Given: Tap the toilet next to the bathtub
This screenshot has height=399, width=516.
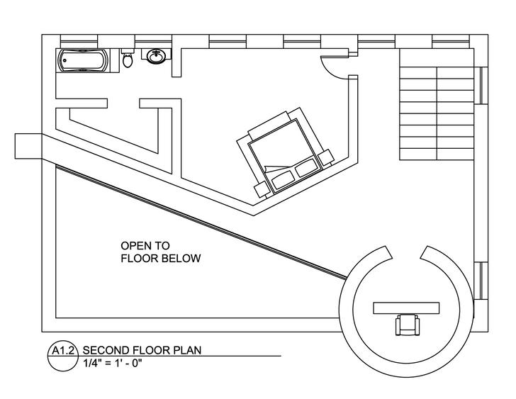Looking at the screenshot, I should (128, 60).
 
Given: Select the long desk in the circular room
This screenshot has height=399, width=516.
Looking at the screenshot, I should (406, 306).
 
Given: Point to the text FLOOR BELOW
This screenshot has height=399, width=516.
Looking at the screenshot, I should (160, 259).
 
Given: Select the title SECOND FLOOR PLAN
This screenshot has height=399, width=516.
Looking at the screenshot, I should (142, 350).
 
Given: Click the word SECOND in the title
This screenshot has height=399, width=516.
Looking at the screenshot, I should (104, 350).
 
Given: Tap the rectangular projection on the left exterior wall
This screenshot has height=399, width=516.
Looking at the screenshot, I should (28, 146).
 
